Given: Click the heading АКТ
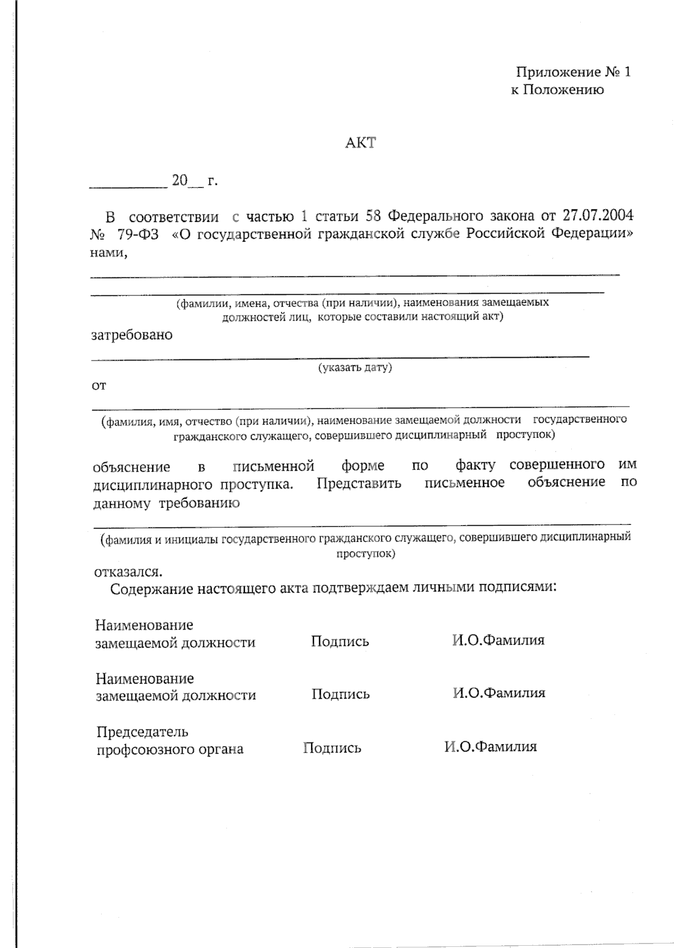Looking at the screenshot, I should tap(360, 143).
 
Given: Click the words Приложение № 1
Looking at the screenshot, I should tap(573, 72).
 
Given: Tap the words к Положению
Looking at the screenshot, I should tap(557, 90).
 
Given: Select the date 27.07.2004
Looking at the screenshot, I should tap(598, 216).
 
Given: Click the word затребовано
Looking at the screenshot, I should tap(132, 335).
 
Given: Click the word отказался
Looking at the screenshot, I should tap(129, 572).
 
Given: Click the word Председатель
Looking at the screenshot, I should tap(142, 732).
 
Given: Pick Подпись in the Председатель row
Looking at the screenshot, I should tap(332, 748).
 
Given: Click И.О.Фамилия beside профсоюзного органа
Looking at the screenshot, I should tap(490, 747).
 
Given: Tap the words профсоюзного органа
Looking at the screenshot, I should tap(170, 749).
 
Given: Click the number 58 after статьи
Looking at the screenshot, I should tap(374, 216).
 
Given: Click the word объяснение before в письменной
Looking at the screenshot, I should tap(131, 467).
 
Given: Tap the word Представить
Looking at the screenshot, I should tap(359, 484).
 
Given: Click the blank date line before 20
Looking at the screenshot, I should tap(128, 185).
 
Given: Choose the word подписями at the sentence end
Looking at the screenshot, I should tap(519, 587).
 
